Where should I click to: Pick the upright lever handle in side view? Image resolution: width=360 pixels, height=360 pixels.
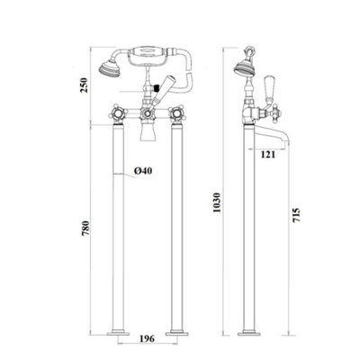pyautogui.click(x=267, y=85)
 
